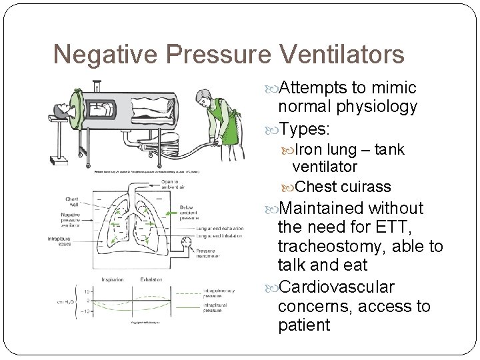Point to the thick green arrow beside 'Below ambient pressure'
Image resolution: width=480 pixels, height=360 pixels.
click(172, 213)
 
